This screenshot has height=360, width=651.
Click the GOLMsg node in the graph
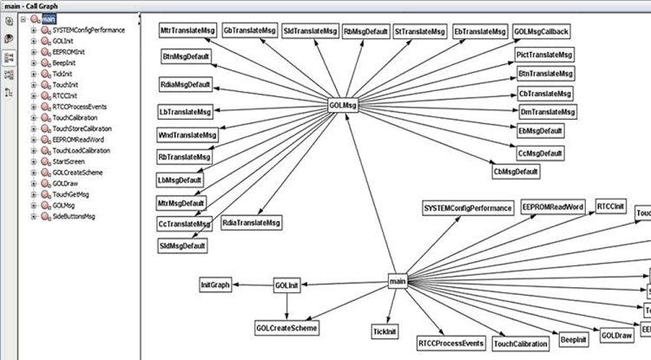click(344, 105)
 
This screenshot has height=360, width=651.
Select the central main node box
click(398, 281)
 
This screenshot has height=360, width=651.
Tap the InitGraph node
click(214, 285)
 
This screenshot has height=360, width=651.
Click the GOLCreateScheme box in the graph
click(286, 328)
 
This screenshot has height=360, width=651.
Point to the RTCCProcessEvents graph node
click(450, 344)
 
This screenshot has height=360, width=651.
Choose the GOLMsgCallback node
click(542, 31)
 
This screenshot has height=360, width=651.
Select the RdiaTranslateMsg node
click(252, 223)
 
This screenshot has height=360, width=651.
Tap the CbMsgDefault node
click(516, 172)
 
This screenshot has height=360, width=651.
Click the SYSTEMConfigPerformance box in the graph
click(465, 208)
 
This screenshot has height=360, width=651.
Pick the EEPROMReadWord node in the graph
click(553, 207)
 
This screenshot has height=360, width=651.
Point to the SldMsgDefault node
click(182, 245)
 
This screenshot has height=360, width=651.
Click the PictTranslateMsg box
click(544, 55)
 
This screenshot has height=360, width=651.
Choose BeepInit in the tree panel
click(63, 63)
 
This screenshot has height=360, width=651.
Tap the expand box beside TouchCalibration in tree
click(34, 117)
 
